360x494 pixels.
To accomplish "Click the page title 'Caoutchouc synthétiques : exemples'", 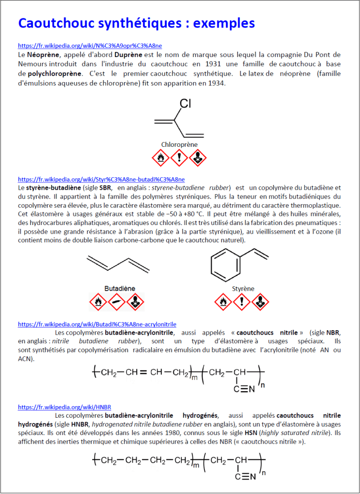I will (136, 23).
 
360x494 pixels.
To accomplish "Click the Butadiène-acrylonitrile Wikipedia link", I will (97, 324).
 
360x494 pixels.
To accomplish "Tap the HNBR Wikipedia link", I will (64, 407).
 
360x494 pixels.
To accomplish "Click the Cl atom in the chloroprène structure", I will (186, 103).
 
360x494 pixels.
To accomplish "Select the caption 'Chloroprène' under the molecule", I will (179, 144).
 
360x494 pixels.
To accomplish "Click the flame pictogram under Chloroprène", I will (160, 157).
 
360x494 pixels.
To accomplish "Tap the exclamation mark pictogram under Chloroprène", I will (179, 157).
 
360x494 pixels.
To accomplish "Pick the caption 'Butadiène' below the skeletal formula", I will (119, 288).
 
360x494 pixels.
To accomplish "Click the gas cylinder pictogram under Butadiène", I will (116, 302).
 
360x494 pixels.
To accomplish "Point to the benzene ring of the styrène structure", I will (225, 265).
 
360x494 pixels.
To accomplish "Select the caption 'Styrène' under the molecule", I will (243, 289).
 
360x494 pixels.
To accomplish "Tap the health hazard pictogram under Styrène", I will (261, 302).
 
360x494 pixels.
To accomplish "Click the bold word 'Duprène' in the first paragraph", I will (128, 55).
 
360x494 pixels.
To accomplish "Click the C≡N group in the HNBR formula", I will (245, 476).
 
